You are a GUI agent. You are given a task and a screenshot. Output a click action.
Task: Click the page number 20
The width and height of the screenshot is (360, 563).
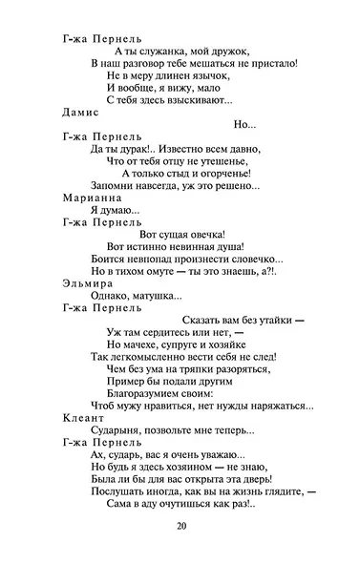(181, 527)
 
